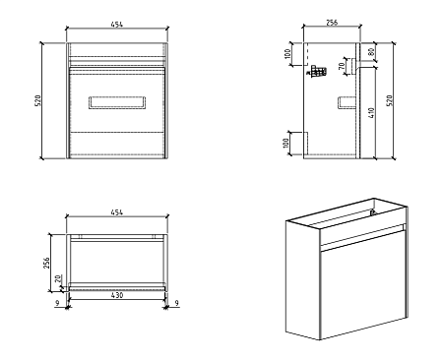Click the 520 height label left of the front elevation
(37, 100)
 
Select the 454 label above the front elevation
(117, 25)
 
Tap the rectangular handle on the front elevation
(117, 102)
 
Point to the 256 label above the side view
(332, 23)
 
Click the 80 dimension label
(371, 52)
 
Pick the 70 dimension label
(342, 66)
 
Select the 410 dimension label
(371, 113)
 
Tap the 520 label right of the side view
(390, 100)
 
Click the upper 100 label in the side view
(287, 54)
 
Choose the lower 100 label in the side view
(285, 144)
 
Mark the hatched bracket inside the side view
(317, 71)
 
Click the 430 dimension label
(117, 295)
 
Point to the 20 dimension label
(58, 278)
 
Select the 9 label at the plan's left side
(57, 303)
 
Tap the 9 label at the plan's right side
(177, 303)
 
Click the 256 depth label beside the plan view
(47, 263)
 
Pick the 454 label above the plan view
(117, 212)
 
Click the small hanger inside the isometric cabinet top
(372, 212)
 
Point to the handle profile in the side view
(347, 102)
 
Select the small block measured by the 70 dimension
(353, 66)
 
